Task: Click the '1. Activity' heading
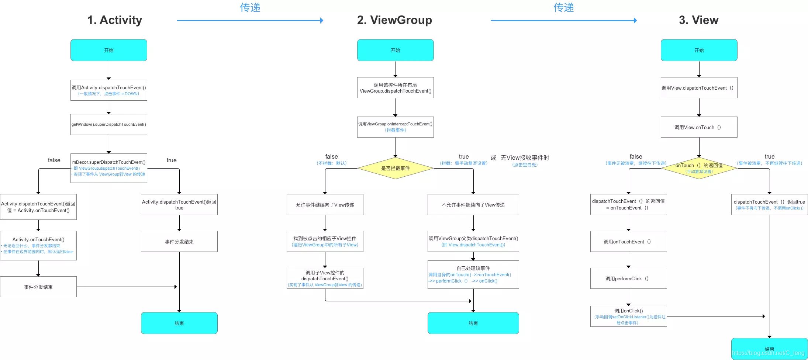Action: pyautogui.click(x=114, y=20)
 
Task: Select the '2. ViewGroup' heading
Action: pyautogui.click(x=394, y=20)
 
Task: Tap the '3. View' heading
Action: pyautogui.click(x=698, y=20)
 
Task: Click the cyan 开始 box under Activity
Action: pyautogui.click(x=109, y=50)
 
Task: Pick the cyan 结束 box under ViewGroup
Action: pyautogui.click(x=473, y=323)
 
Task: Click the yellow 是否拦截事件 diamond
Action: pyautogui.click(x=395, y=168)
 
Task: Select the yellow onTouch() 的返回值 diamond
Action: pyautogui.click(x=699, y=168)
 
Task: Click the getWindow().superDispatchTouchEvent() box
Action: pyautogui.click(x=109, y=124)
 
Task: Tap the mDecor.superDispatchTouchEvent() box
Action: pyautogui.click(x=109, y=168)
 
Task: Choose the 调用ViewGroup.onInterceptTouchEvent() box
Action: pyautogui.click(x=395, y=127)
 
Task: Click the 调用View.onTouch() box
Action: pyautogui.click(x=699, y=127)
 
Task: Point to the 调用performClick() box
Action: pyautogui.click(x=628, y=278)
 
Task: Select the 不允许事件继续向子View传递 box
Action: pyautogui.click(x=473, y=205)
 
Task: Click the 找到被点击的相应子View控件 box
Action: pyautogui.click(x=325, y=241)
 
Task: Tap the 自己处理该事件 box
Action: pyautogui.click(x=473, y=274)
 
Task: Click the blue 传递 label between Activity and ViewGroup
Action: pyautogui.click(x=250, y=7)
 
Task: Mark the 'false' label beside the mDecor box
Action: pyautogui.click(x=54, y=160)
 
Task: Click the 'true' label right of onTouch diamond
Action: pyautogui.click(x=769, y=156)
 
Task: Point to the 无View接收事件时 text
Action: pyautogui.click(x=525, y=157)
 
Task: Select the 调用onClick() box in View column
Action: pyautogui.click(x=628, y=316)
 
